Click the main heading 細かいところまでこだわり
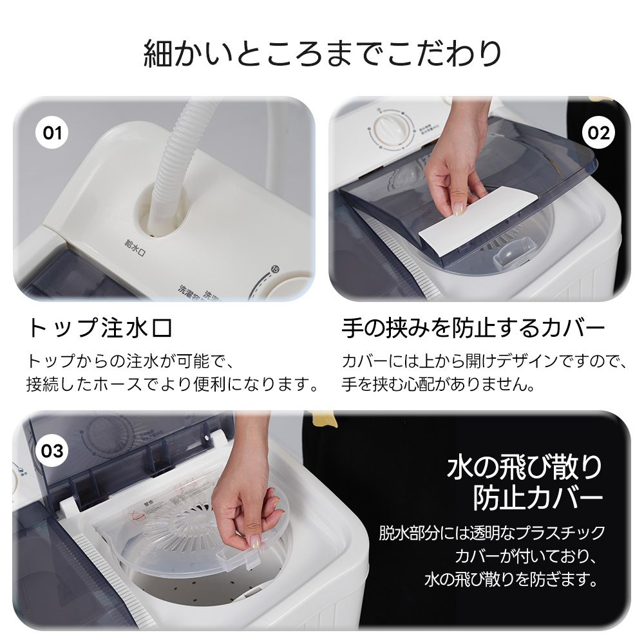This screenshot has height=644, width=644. click(x=322, y=53)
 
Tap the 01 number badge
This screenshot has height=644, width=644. click(x=52, y=133)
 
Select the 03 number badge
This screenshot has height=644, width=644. click(x=52, y=450)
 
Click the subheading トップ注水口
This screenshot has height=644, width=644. click(x=99, y=328)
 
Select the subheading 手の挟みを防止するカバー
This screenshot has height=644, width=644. click(x=473, y=328)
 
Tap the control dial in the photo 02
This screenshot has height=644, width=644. click(x=386, y=127)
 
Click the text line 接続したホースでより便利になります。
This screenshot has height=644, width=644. click(x=173, y=386)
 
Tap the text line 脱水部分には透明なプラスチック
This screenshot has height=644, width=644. click(x=491, y=533)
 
